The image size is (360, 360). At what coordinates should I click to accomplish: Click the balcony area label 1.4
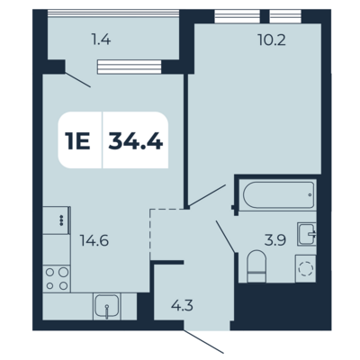point(101,40)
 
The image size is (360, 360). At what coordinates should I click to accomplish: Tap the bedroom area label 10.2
point(272,40)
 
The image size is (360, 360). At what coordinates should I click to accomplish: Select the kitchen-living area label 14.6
point(94,240)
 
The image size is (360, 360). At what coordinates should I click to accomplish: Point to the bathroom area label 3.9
point(275,240)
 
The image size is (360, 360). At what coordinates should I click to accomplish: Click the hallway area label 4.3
point(182,306)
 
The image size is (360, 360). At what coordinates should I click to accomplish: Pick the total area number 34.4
point(136,140)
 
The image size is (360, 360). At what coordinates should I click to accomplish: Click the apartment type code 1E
point(77,140)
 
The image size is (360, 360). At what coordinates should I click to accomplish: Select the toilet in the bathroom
point(256,266)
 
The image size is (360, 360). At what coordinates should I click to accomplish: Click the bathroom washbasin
point(307,234)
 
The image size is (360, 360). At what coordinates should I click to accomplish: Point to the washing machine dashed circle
point(306,268)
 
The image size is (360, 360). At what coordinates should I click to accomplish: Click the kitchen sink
point(106,306)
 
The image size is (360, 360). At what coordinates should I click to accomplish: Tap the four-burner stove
point(57,279)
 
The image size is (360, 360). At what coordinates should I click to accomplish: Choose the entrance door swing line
point(203,342)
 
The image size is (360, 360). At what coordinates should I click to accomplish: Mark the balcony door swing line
point(77,80)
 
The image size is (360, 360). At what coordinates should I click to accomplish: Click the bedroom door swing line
point(207,195)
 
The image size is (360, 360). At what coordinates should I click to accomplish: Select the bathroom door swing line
point(225,237)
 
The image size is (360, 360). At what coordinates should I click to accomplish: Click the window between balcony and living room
point(130,67)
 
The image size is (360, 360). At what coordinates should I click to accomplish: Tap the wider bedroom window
point(238,16)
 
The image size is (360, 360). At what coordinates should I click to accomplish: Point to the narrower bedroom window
point(285,16)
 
